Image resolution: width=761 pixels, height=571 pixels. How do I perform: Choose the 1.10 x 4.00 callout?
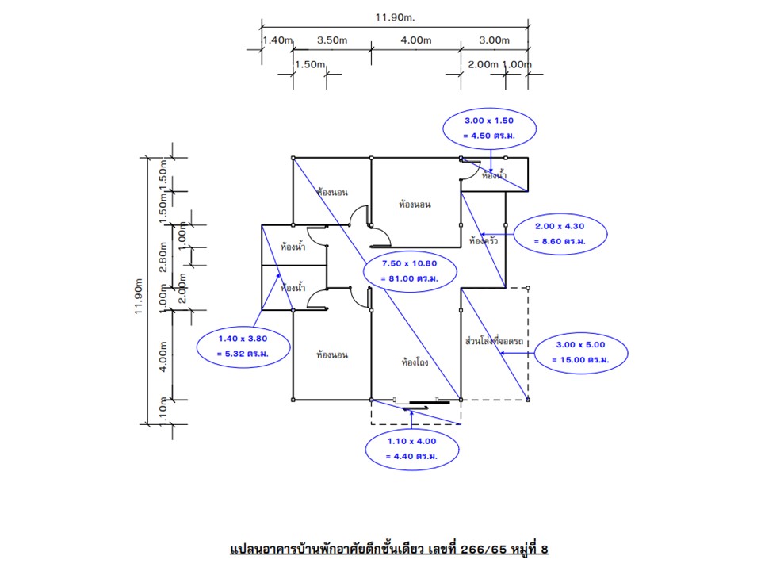coord(411,449)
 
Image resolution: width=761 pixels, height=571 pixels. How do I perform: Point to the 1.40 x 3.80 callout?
coord(243,346)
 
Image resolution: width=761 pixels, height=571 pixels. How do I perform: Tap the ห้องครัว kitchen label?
coord(483,240)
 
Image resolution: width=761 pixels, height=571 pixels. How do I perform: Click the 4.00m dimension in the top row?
coord(415,40)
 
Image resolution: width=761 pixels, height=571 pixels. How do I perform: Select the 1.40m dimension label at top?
coord(277,40)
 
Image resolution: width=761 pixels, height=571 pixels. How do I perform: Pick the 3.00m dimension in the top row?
coord(494,40)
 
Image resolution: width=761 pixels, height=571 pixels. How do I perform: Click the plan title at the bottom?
coord(388,549)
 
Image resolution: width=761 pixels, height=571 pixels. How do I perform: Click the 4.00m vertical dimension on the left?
coord(163,356)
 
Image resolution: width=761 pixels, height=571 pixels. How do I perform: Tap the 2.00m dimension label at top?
coord(482,65)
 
